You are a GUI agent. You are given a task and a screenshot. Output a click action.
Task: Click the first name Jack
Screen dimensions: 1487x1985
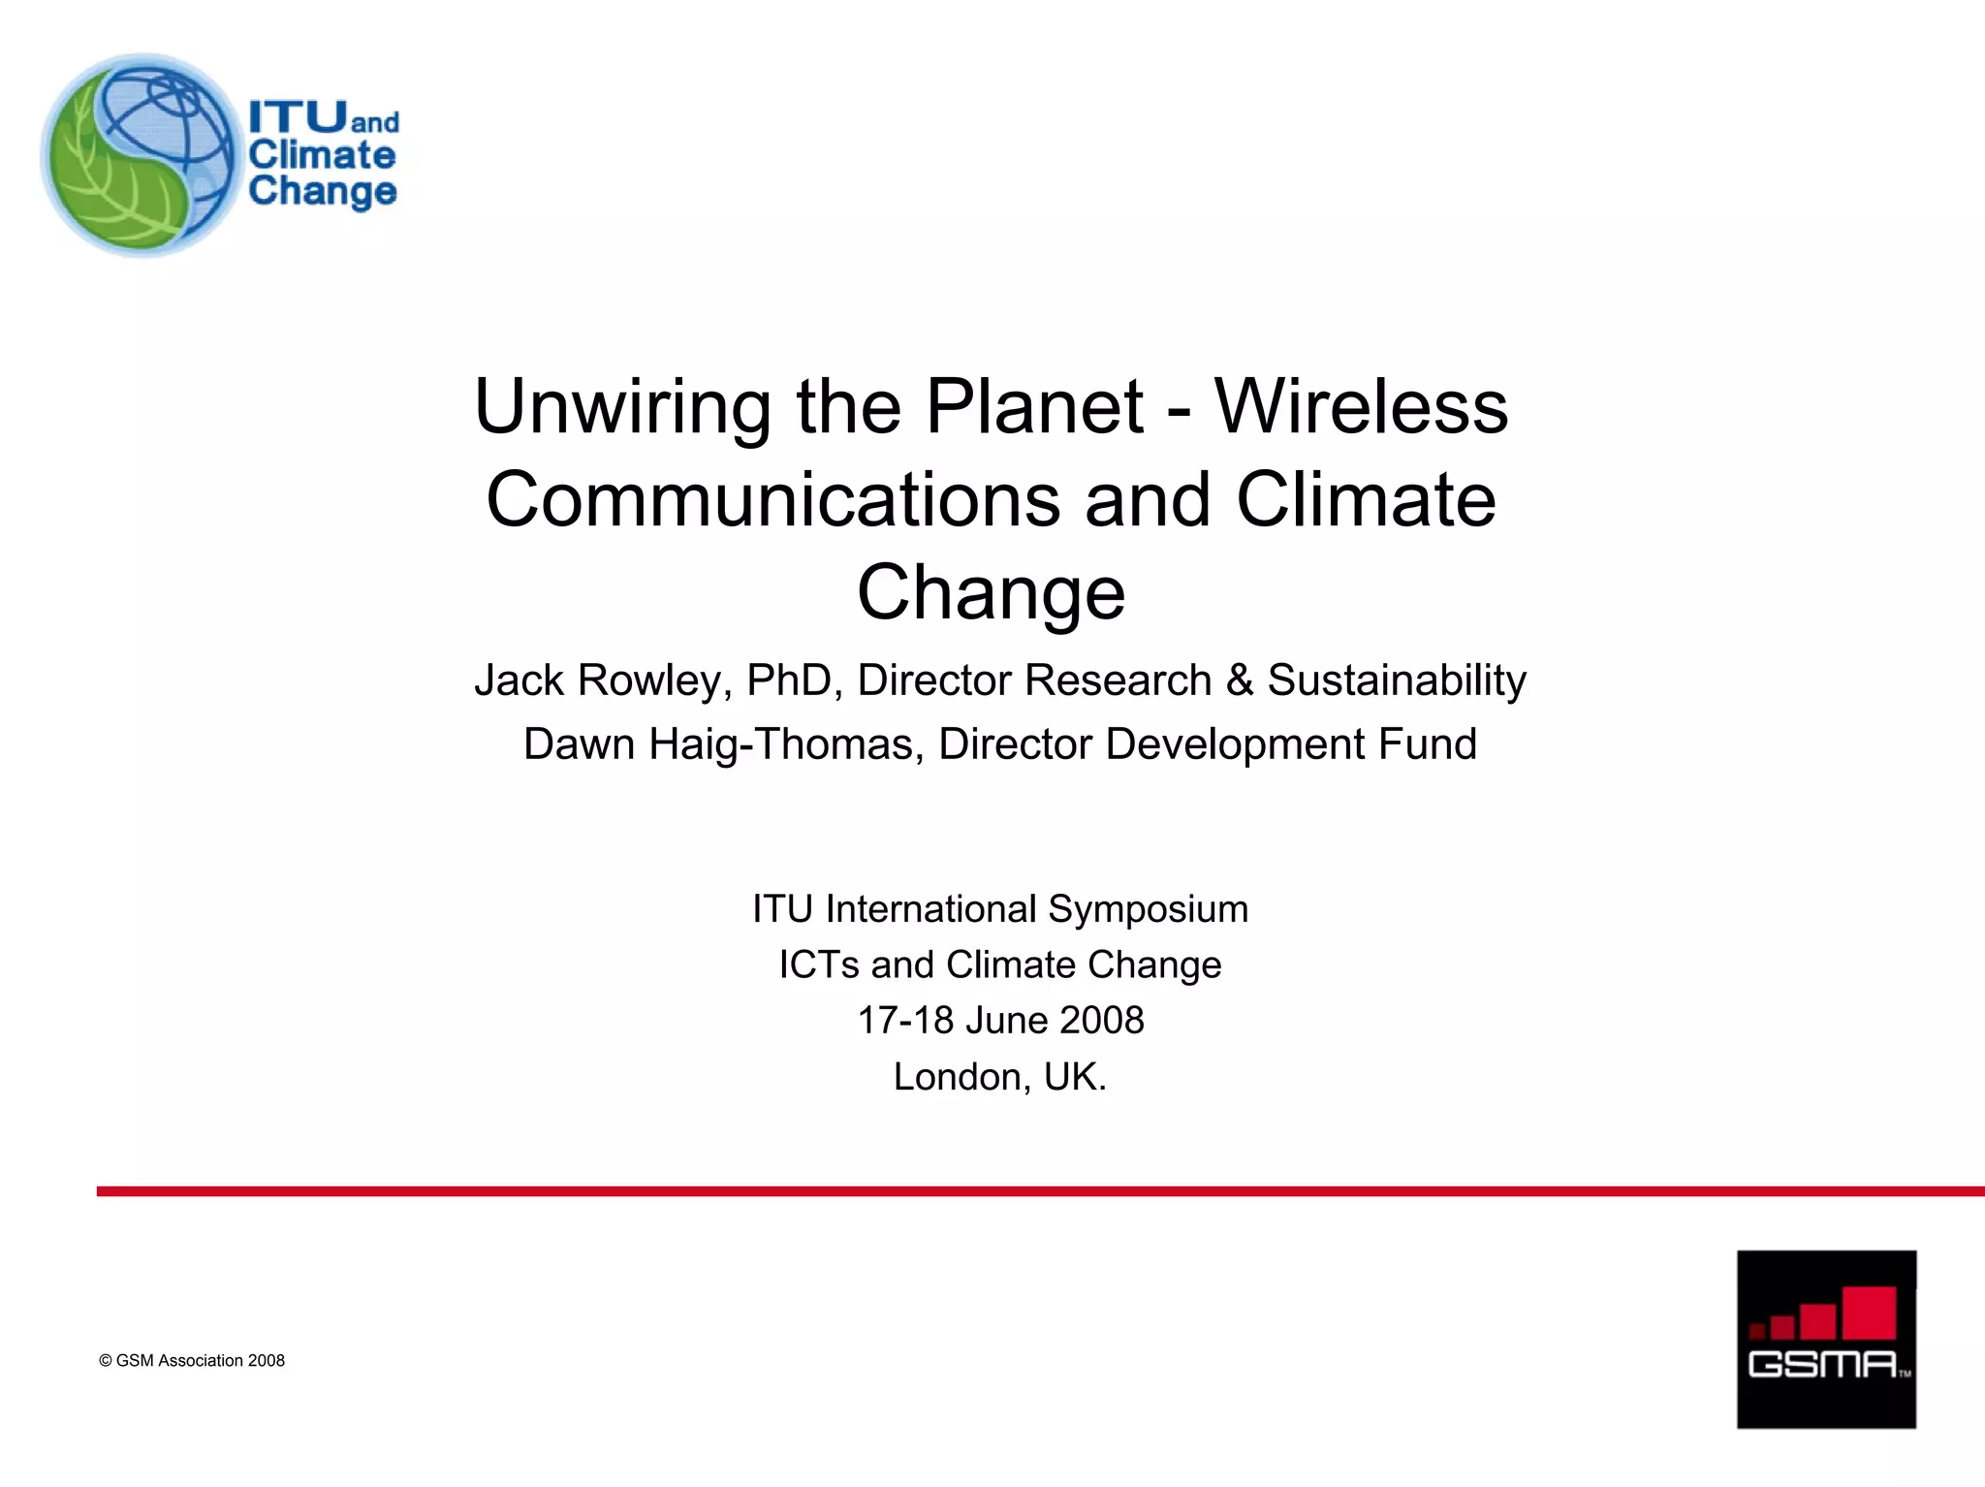(519, 680)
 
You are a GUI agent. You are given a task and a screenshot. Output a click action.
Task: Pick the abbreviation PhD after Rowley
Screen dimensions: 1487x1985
(794, 680)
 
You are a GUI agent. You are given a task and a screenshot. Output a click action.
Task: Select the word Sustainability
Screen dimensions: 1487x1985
(1397, 681)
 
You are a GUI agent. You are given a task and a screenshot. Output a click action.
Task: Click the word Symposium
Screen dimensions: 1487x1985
(1148, 910)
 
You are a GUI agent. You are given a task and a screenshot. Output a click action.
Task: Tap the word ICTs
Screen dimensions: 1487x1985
(819, 965)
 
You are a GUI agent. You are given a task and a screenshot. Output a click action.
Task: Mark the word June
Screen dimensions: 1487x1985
(1007, 1020)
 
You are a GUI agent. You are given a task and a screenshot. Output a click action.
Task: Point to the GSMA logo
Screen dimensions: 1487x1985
(1826, 1339)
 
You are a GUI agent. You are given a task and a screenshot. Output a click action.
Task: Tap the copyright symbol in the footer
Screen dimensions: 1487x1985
(106, 1361)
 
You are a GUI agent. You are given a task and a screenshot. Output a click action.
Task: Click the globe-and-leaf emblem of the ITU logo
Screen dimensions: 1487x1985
(140, 155)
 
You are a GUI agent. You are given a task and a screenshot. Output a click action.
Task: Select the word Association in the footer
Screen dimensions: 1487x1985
(201, 1361)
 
